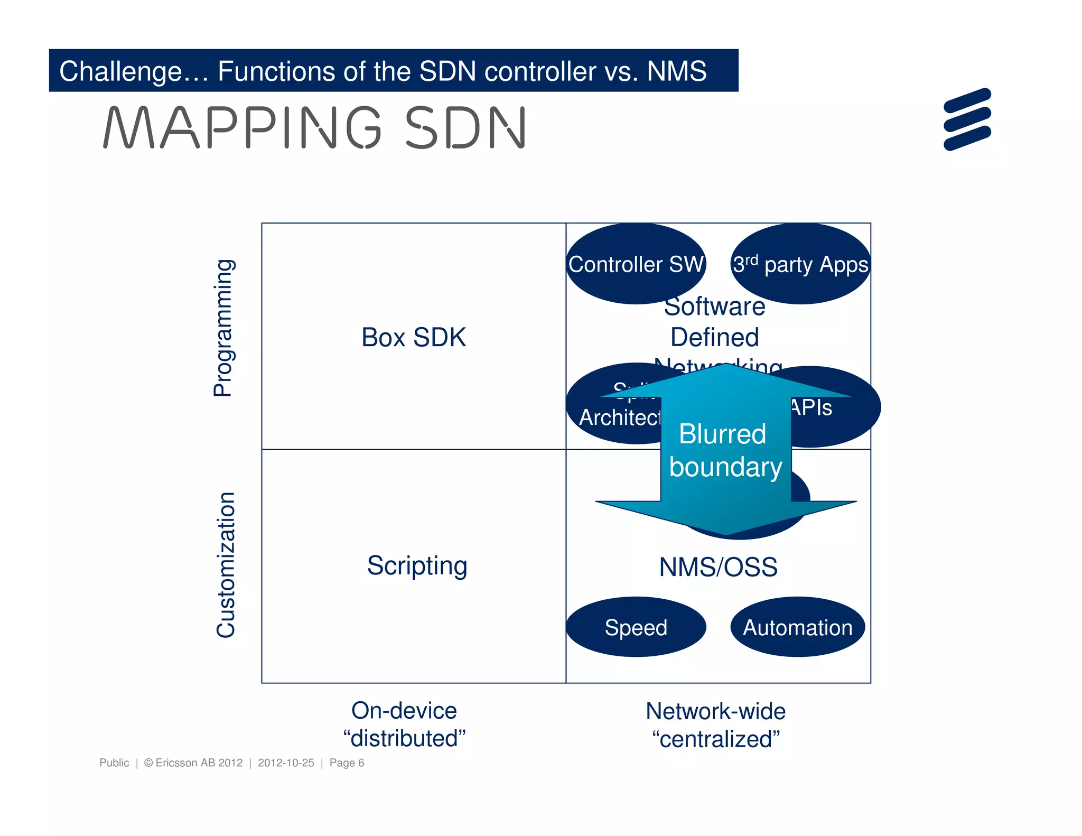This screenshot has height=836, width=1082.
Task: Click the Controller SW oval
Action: (x=636, y=264)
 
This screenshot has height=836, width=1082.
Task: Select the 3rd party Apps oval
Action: (x=800, y=264)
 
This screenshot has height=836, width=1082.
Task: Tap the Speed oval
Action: (x=636, y=627)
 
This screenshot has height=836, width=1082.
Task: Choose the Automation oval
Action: (x=797, y=627)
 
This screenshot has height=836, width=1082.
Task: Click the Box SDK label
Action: (x=413, y=337)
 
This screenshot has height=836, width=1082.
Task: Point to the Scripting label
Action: (x=417, y=565)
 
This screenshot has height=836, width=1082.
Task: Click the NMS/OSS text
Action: (x=718, y=567)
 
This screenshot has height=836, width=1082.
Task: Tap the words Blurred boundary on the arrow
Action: (x=724, y=450)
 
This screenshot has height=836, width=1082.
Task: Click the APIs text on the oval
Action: (x=811, y=407)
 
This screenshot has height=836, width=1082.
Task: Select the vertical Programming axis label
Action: (x=223, y=328)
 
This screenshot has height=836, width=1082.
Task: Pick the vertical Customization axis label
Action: (x=226, y=564)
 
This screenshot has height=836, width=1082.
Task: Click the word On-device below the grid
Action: (x=404, y=711)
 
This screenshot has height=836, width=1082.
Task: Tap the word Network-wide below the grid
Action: (x=715, y=711)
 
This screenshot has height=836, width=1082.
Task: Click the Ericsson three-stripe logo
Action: (x=967, y=119)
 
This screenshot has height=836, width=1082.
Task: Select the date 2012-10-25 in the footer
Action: (x=286, y=763)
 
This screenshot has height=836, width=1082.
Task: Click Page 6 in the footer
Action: (x=347, y=763)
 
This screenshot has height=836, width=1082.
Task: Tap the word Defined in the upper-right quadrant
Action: (x=714, y=337)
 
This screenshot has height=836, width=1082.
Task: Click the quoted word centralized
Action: (x=715, y=739)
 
